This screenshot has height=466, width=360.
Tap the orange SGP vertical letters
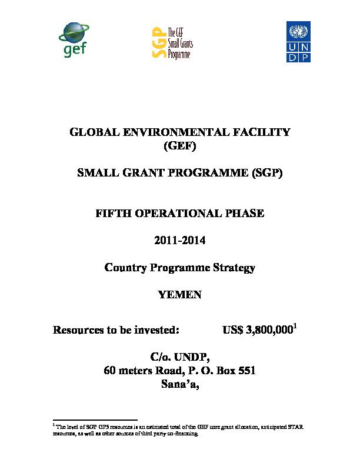tap(156, 42)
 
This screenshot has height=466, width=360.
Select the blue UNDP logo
tap(300, 41)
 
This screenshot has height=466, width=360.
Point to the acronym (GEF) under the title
tap(180, 144)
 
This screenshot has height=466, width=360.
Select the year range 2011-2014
tap(180, 241)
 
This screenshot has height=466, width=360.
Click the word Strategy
tap(234, 268)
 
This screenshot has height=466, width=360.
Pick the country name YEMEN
tap(180, 295)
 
